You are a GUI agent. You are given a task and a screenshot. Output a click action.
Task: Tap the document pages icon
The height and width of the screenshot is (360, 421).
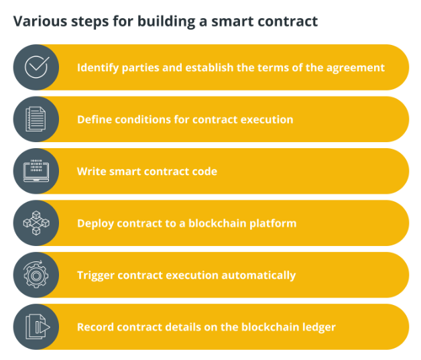(36, 119)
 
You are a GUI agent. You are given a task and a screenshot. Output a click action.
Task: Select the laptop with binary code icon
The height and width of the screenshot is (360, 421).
(36, 171)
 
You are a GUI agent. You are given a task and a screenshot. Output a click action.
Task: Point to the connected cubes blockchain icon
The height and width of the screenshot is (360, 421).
(36, 223)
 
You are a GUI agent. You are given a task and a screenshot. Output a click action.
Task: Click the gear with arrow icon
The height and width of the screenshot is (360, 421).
(36, 274)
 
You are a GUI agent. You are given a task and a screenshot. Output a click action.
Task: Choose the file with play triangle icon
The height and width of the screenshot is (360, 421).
(38, 326)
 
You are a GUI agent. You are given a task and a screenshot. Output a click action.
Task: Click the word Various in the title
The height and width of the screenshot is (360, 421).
(40, 21)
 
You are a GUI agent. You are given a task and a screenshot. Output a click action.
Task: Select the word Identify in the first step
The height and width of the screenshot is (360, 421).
(98, 68)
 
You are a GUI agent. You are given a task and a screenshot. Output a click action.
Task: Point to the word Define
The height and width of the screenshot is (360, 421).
(93, 119)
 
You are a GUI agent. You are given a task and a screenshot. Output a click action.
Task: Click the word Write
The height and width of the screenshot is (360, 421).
(91, 171)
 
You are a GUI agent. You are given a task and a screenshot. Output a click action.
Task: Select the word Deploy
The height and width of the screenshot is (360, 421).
(95, 224)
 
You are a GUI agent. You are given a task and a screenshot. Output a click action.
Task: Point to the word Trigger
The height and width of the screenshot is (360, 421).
(96, 276)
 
